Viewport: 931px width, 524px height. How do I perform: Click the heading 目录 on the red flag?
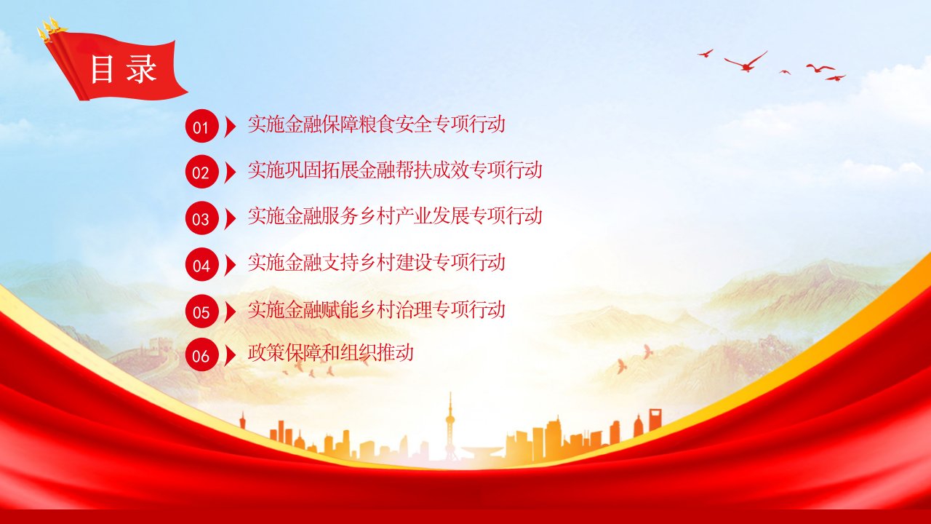[124, 69]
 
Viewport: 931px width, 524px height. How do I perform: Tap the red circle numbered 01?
[201, 126]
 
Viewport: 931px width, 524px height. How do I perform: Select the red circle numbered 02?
[201, 172]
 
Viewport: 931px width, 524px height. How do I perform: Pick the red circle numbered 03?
[201, 218]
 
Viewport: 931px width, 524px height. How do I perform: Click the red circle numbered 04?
[201, 264]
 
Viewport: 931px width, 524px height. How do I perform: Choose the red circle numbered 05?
[201, 311]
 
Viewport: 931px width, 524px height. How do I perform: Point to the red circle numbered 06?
[201, 354]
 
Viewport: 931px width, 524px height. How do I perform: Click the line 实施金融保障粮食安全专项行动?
[377, 124]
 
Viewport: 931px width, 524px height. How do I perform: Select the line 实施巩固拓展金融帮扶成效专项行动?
[395, 170]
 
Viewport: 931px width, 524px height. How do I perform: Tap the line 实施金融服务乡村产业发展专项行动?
[395, 216]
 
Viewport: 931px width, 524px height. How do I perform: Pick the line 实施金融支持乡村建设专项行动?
[377, 263]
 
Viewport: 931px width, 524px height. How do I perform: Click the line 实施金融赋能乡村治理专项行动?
[377, 309]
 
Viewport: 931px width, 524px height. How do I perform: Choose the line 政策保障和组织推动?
[331, 353]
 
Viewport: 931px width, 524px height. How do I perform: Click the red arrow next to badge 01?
[230, 126]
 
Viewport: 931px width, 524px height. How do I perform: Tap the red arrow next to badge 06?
[230, 354]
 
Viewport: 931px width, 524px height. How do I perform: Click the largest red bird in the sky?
[746, 63]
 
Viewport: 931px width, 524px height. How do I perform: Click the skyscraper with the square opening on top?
[655, 419]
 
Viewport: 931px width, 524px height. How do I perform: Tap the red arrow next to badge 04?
[230, 264]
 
